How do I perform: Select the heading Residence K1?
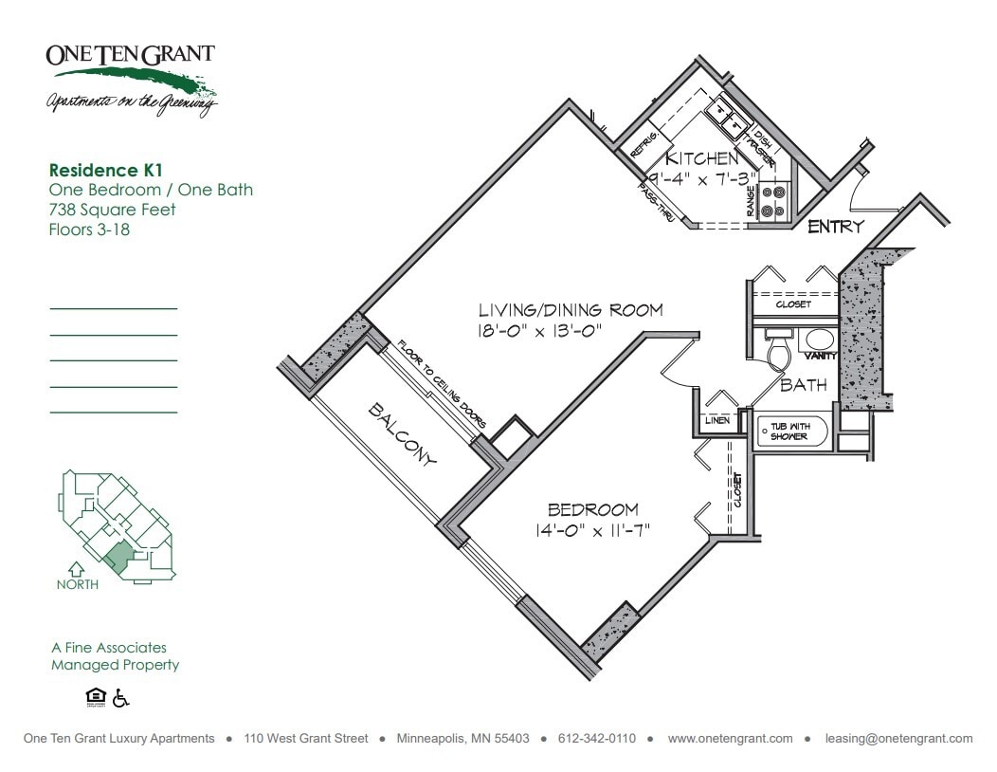pos(106,171)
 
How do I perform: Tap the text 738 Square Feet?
pos(112,210)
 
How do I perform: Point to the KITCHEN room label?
pos(700,158)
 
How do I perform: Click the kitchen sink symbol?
pos(729,117)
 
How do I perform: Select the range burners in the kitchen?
pos(774,201)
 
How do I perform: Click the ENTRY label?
pos(835,227)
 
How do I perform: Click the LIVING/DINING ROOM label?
pos(570,310)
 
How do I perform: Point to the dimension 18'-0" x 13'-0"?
pos(540,330)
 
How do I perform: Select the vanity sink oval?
pos(817,340)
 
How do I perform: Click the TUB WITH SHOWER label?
pos(789,432)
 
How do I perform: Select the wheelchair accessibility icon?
pos(120,699)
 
